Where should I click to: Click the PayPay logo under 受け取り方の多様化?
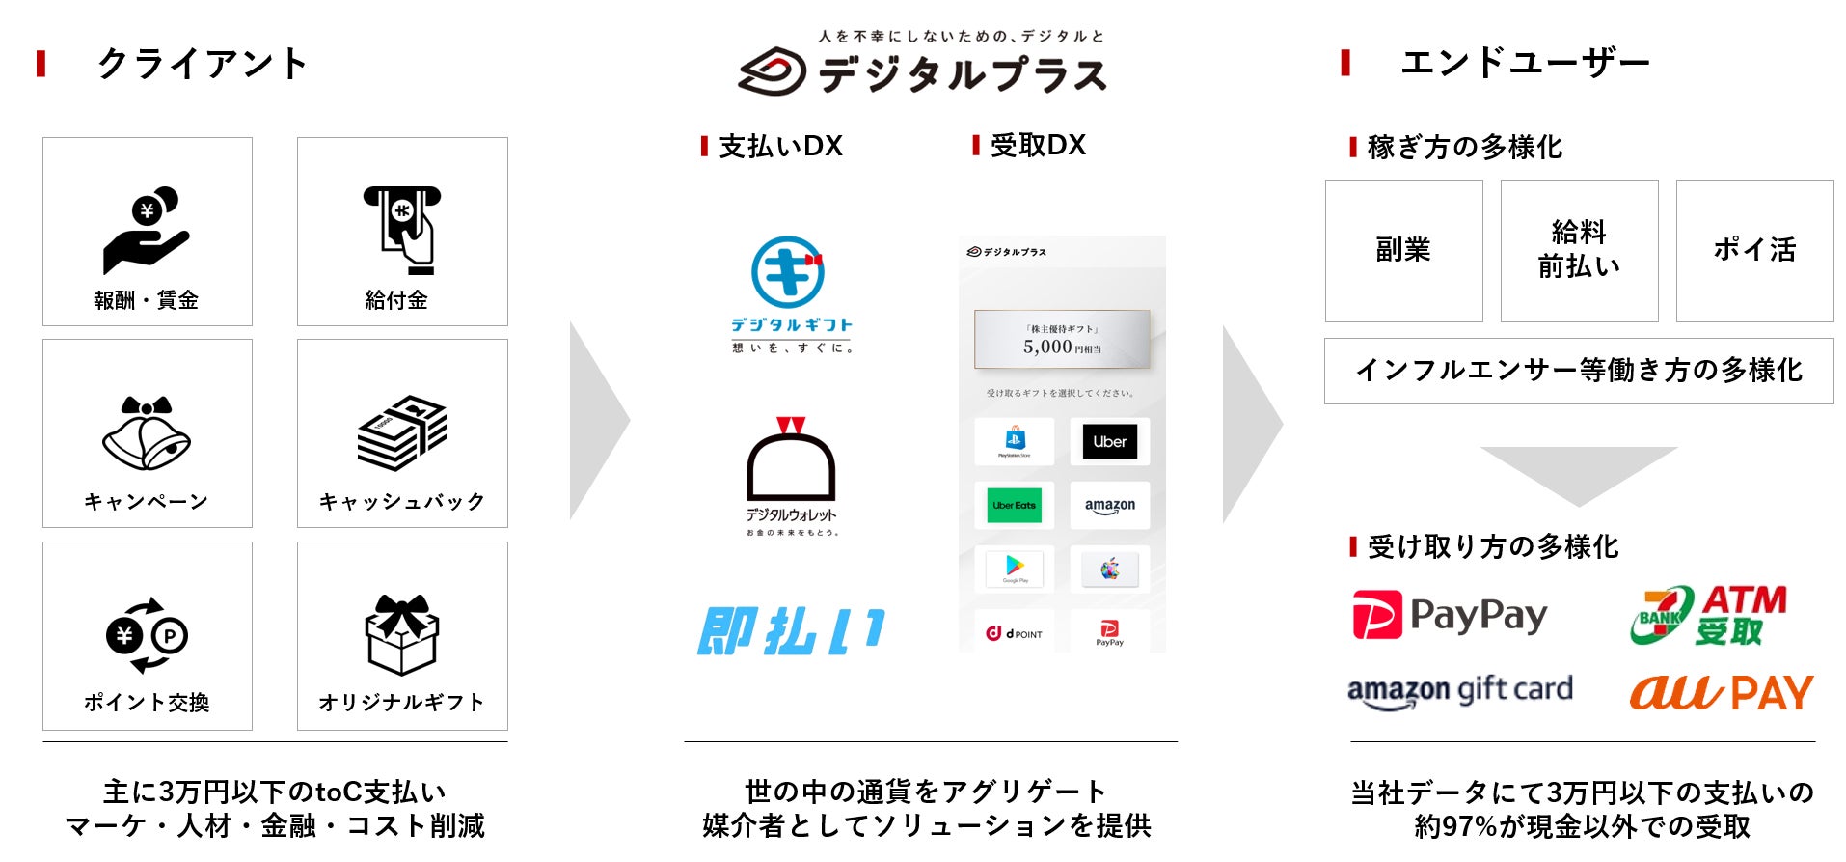1450,615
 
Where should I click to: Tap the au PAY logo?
1722,692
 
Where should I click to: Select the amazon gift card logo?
1459,691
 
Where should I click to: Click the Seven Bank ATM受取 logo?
1708,615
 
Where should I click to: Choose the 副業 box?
1403,250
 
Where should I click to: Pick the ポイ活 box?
1754,250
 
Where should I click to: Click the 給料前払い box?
1579,250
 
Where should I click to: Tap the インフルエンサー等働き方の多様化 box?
1579,371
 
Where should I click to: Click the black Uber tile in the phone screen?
1109,442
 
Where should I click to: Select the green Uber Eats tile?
1014,506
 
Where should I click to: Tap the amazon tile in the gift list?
1109,506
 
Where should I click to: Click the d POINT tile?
1014,633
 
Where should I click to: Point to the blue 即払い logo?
790,631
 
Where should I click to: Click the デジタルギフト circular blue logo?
788,273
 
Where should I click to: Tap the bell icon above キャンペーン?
147,433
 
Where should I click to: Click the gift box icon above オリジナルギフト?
402,634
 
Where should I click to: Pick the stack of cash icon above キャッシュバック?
402,432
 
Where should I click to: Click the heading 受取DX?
1037,146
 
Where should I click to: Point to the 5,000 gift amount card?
1062,340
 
